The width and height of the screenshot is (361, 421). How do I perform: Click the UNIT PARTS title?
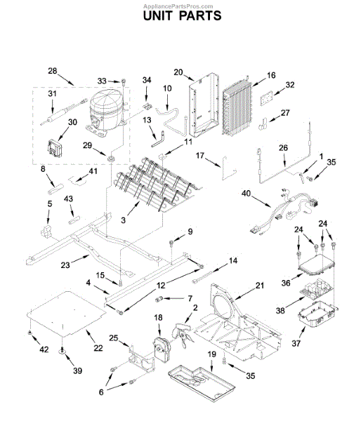181,15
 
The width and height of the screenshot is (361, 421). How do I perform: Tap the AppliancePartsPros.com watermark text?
181,4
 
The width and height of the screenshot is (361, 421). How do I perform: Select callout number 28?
52,70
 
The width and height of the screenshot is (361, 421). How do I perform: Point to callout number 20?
178,72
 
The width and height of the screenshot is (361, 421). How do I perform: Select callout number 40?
245,192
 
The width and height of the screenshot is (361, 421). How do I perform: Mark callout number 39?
67,370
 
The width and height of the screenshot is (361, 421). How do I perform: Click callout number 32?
290,85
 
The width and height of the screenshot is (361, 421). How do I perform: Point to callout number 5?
49,203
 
